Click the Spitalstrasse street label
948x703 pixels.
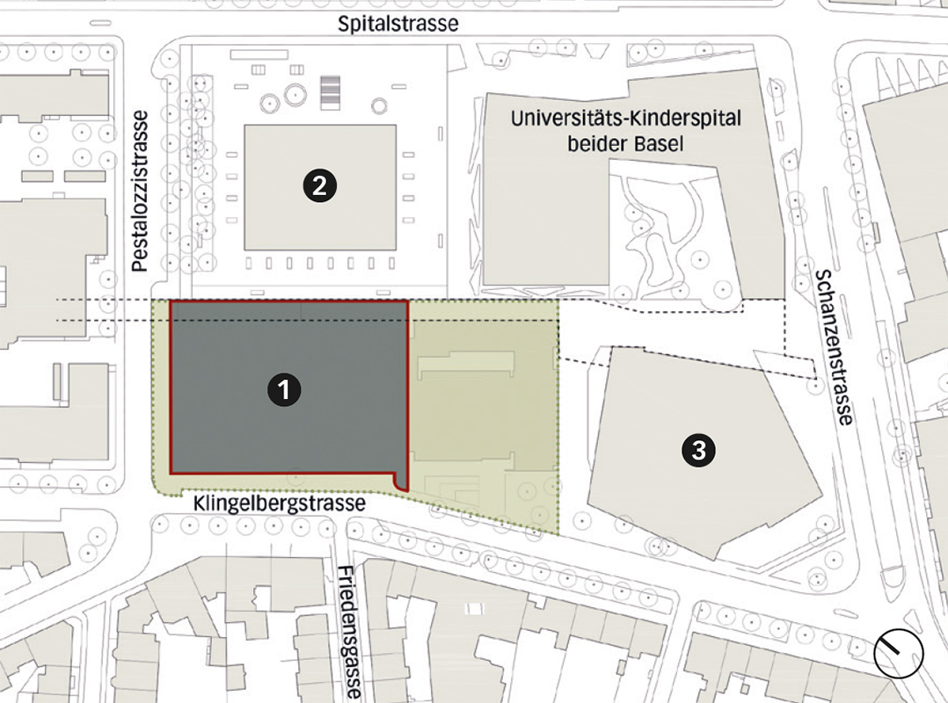pos(398,23)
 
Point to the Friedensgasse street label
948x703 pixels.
pos(349,630)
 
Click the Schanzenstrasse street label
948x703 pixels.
pos(834,347)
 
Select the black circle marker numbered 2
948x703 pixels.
pos(317,185)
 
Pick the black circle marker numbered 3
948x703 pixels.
pos(697,451)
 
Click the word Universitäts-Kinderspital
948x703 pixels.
pos(626,118)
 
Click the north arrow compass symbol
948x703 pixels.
pos(899,654)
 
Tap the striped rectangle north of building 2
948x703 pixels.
pos(330,91)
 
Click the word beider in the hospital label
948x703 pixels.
pos(596,142)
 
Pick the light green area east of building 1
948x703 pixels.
pos(484,413)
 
